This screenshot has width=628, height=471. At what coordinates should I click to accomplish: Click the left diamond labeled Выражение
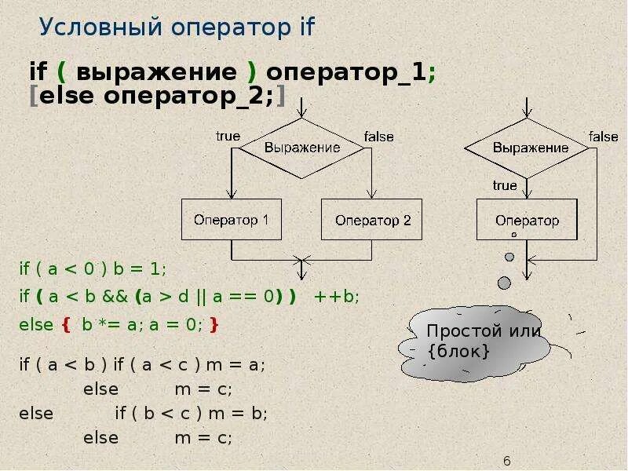click(x=301, y=147)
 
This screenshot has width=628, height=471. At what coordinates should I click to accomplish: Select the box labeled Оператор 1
click(x=231, y=219)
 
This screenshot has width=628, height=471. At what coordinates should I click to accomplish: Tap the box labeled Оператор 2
click(x=372, y=219)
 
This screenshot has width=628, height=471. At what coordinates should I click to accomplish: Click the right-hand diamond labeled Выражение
click(x=530, y=147)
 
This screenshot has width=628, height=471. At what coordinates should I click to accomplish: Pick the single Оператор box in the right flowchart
click(x=528, y=219)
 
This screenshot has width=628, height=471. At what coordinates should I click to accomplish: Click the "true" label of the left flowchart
click(x=228, y=136)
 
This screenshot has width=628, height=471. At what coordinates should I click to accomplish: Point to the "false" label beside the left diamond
click(x=379, y=136)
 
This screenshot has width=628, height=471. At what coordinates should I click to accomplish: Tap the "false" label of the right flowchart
click(x=604, y=136)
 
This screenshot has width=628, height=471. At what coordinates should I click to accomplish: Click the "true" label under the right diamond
click(x=505, y=185)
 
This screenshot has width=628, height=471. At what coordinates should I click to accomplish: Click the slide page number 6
click(x=507, y=460)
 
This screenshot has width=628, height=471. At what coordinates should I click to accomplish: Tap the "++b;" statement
click(x=336, y=296)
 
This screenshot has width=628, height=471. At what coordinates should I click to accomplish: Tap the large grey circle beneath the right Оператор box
click(x=504, y=282)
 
